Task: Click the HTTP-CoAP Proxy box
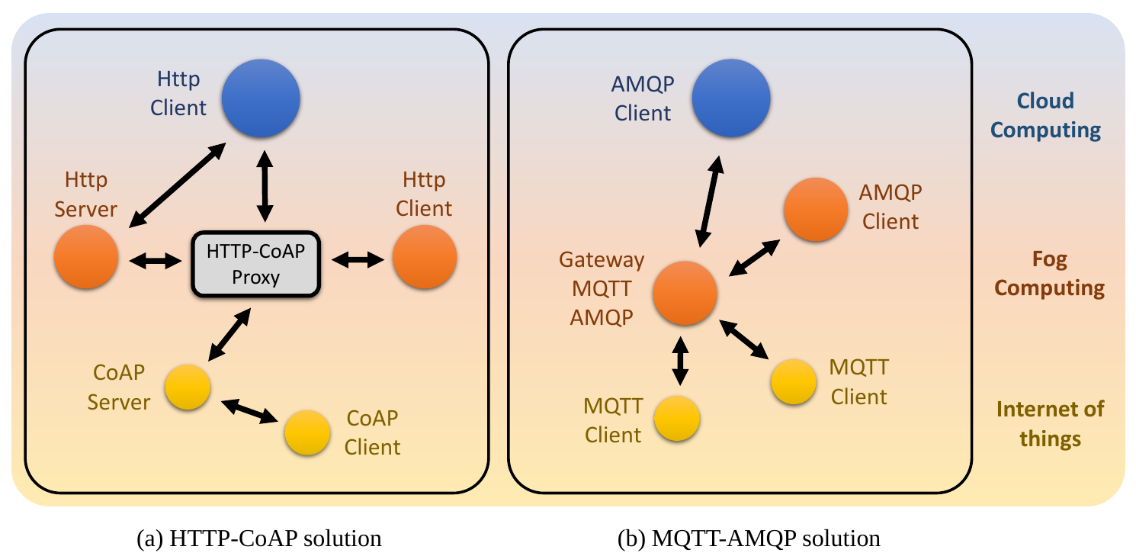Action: [x=255, y=264]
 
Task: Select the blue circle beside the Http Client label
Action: [x=261, y=98]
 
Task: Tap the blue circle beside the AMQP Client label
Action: [x=731, y=98]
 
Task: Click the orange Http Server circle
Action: [x=86, y=257]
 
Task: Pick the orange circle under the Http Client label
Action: [x=425, y=257]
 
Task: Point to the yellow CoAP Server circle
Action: [x=188, y=387]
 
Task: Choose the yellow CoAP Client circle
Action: [x=307, y=432]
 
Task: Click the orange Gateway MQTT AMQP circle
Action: [x=685, y=293]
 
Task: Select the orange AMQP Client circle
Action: [x=816, y=209]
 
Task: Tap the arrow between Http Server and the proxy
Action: [x=156, y=261]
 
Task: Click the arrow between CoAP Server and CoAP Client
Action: [x=249, y=411]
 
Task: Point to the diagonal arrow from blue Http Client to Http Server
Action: [x=177, y=185]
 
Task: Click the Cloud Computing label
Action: [x=1045, y=116]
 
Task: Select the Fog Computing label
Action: [x=1049, y=274]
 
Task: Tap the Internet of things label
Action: [x=1050, y=423]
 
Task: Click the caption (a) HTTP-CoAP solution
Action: [x=259, y=538]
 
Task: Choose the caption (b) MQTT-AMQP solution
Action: [x=749, y=538]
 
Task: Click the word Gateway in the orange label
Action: [x=602, y=260]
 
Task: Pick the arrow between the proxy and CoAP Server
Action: [x=229, y=334]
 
